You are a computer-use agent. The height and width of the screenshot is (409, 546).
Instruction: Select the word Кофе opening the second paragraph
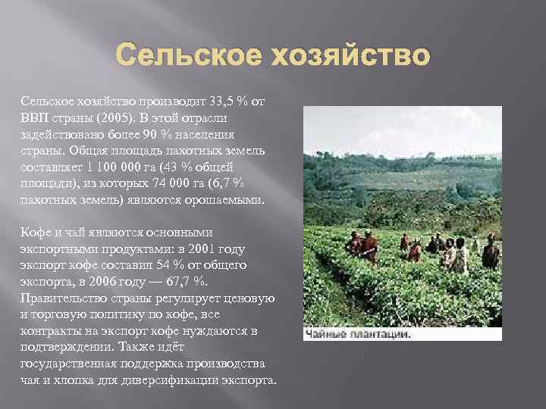click(x=36, y=233)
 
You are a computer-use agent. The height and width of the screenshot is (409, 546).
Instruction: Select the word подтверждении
click(x=64, y=347)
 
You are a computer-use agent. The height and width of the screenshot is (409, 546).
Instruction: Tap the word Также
click(x=143, y=347)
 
